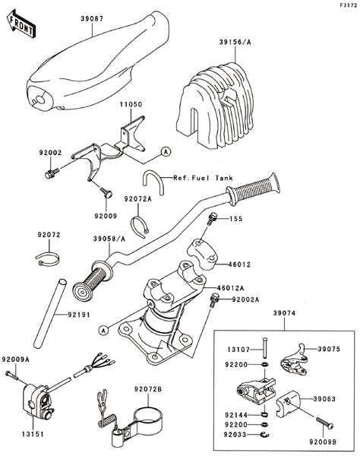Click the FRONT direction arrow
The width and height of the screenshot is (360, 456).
pyautogui.click(x=21, y=24)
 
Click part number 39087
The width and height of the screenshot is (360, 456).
pyautogui.click(x=92, y=19)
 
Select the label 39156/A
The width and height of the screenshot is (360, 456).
pyautogui.click(x=235, y=42)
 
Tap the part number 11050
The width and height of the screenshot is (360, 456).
pyautogui.click(x=131, y=104)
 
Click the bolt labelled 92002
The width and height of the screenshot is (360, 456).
pyautogui.click(x=52, y=173)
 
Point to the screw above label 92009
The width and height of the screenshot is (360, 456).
pyautogui.click(x=106, y=192)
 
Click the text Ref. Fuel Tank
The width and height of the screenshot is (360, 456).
pyautogui.click(x=203, y=178)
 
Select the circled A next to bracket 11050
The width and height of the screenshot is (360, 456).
pyautogui.click(x=166, y=151)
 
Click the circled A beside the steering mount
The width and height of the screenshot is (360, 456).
pyautogui.click(x=104, y=330)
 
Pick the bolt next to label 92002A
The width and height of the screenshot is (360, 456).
pyautogui.click(x=214, y=299)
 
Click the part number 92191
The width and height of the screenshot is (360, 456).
pyautogui.click(x=79, y=315)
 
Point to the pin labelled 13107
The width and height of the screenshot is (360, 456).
pyautogui.click(x=264, y=347)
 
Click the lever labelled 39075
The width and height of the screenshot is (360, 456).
pyautogui.click(x=294, y=360)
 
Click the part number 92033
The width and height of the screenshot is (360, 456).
pyautogui.click(x=235, y=435)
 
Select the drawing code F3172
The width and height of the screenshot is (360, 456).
pyautogui.click(x=349, y=5)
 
